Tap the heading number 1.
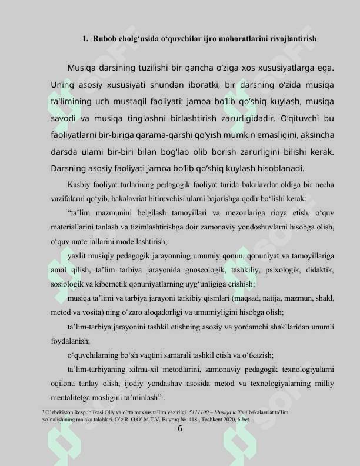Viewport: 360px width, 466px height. pyautogui.click(x=85, y=39)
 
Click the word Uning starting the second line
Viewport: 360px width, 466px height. pyautogui.click(x=64, y=85)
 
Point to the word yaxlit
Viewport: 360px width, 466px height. pyautogui.click(x=78, y=256)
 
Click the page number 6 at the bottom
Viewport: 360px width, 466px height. pyautogui.click(x=180, y=428)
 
